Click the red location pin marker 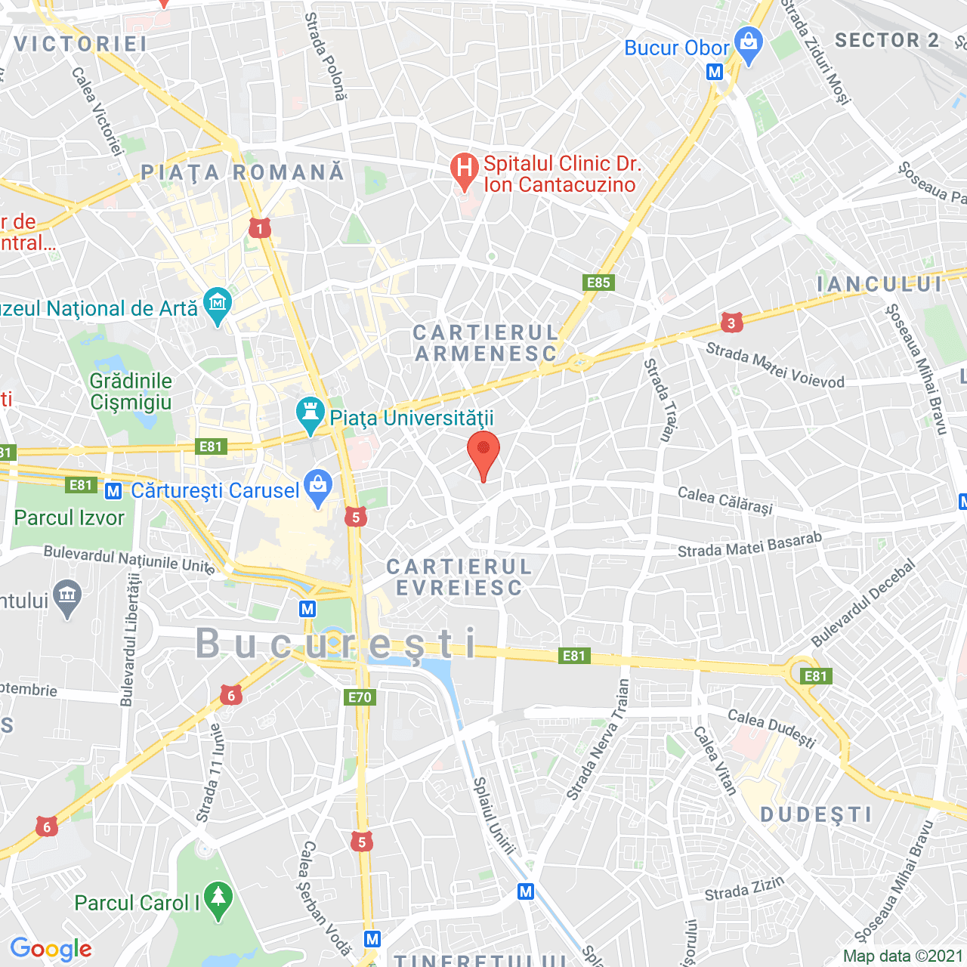coord(483,453)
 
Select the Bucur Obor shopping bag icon coord(749,45)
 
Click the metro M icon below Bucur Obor coord(715,72)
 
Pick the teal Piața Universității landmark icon coord(310,415)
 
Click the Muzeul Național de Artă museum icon coord(218,306)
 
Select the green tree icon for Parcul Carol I coord(218,900)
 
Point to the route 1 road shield coord(260,228)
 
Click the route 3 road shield coord(731,323)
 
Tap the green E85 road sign coord(598,283)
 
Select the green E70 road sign coord(360,697)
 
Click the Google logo coord(51,949)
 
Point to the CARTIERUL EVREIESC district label coord(459,577)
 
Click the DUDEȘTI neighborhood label coord(816,814)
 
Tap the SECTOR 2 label coord(886,40)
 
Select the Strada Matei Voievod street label coord(775,366)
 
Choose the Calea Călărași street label coord(725,500)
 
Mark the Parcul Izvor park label coord(70,518)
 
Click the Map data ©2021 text coord(904,956)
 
